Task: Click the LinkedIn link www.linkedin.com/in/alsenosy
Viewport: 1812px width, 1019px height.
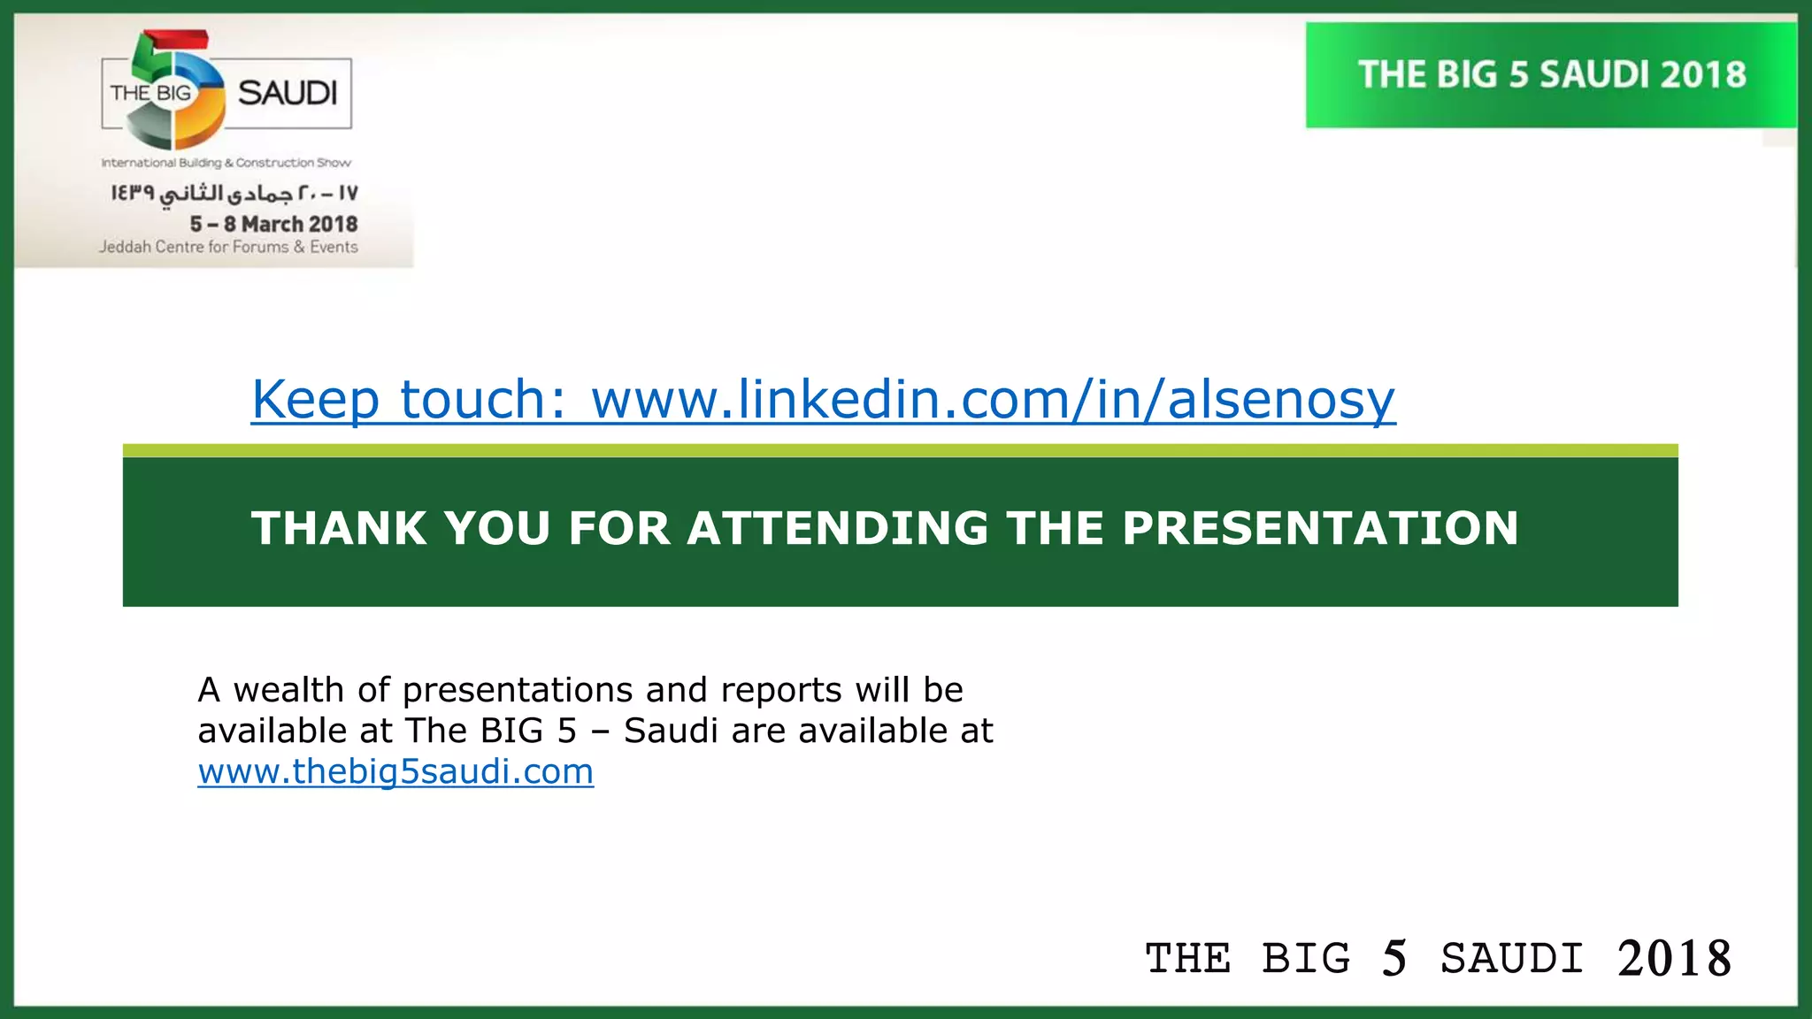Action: click(993, 400)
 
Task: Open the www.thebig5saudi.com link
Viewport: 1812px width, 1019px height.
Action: click(395, 772)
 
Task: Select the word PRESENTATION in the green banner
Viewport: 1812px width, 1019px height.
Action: click(1320, 528)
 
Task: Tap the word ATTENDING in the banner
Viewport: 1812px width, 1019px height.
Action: click(838, 528)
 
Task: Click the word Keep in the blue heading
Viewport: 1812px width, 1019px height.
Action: click(315, 400)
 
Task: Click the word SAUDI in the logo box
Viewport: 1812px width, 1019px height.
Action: click(288, 93)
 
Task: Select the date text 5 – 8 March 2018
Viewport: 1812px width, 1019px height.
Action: click(273, 224)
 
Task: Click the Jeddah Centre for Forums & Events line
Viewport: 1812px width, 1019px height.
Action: click(228, 248)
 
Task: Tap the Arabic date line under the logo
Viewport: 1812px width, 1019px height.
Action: click(234, 193)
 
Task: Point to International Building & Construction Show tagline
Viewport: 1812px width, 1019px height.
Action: click(226, 163)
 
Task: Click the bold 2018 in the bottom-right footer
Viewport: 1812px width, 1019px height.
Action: click(1674, 959)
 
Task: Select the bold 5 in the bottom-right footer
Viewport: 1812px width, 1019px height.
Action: click(1394, 959)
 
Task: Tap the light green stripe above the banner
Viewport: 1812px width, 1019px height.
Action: click(900, 450)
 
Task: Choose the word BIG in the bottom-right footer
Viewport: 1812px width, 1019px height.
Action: click(1306, 959)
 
